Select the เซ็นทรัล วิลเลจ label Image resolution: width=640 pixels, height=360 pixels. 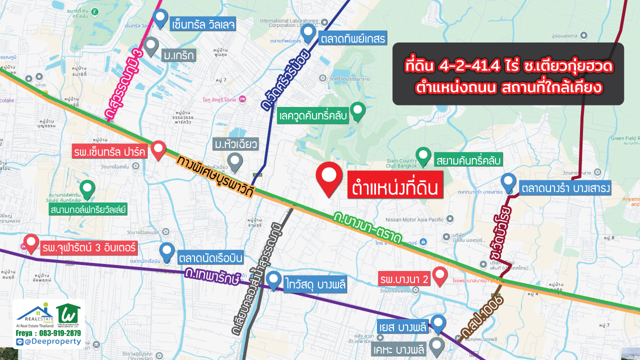point(203,24)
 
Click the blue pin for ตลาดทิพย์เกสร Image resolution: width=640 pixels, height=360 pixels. point(308,33)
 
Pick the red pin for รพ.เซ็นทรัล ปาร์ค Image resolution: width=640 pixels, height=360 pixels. point(158,149)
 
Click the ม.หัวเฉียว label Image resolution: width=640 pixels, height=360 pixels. point(235,144)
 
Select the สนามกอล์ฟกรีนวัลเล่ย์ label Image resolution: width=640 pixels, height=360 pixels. point(88,208)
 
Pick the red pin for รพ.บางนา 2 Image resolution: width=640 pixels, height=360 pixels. point(439,275)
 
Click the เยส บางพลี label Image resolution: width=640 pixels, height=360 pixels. point(402,327)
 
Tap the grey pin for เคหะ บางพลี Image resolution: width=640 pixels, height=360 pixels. point(437,346)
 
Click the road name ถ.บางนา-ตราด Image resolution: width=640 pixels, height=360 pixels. point(368,228)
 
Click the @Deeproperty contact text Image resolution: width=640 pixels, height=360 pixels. point(52,341)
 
